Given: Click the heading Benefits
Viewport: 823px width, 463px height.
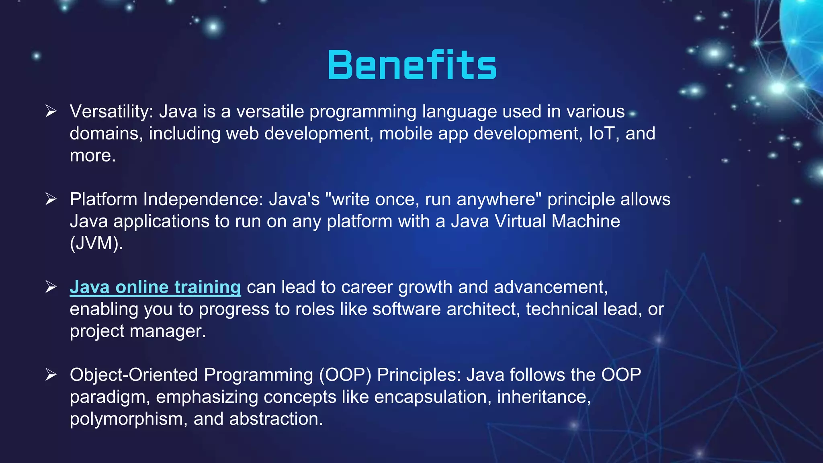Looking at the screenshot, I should [412, 65].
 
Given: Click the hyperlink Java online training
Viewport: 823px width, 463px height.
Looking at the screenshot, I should [155, 287].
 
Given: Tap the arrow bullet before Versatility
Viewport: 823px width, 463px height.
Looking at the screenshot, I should [51, 111].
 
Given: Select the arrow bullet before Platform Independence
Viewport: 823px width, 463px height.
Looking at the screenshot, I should [51, 199].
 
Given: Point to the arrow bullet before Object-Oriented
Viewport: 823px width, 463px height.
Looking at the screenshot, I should [51, 375].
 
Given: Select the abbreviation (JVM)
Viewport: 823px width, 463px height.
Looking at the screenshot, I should [96, 243].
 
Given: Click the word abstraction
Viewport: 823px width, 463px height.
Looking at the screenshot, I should [276, 419].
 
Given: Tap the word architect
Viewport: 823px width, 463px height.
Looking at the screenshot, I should [483, 309].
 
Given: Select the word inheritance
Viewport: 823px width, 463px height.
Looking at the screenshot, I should [543, 397].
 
